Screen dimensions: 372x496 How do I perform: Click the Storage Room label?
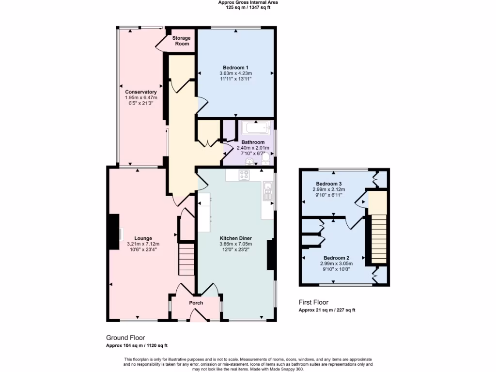click(x=182, y=41)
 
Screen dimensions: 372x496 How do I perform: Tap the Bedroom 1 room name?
click(x=236, y=67)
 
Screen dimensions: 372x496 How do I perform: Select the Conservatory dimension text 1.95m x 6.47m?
click(x=141, y=97)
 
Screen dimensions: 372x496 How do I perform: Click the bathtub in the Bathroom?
click(x=255, y=129)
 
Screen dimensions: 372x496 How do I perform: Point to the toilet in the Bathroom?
click(x=266, y=158)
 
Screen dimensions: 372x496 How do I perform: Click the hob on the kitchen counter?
click(x=244, y=175)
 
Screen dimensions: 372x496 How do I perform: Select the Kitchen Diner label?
click(x=236, y=238)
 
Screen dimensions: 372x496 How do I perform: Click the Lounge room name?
click(x=143, y=238)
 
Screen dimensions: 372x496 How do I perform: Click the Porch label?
click(x=196, y=303)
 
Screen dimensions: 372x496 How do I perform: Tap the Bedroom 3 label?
click(x=329, y=184)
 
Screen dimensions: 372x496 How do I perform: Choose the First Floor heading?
click(x=313, y=302)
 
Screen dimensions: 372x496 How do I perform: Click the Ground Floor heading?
click(x=125, y=338)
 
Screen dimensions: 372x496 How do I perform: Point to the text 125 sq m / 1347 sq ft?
click(x=248, y=8)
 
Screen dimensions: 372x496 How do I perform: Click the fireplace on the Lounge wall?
click(x=114, y=232)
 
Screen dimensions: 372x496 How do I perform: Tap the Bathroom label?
click(x=253, y=142)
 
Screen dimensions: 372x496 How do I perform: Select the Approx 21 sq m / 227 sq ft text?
click(x=330, y=310)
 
